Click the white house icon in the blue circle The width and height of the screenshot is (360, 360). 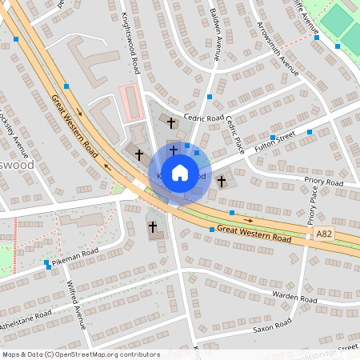pyautogui.click(x=180, y=172)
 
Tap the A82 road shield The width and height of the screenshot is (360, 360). pyautogui.click(x=323, y=233)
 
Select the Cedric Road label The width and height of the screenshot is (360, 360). pyautogui.click(x=203, y=118)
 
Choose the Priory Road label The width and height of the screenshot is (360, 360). pyautogui.click(x=323, y=182)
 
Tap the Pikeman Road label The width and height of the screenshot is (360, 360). pyautogui.click(x=74, y=257)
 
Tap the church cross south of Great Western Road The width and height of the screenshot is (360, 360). pyautogui.click(x=152, y=227)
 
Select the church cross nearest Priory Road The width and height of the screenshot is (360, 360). pyautogui.click(x=221, y=182)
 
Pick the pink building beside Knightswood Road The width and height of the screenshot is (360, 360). pyautogui.click(x=129, y=99)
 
